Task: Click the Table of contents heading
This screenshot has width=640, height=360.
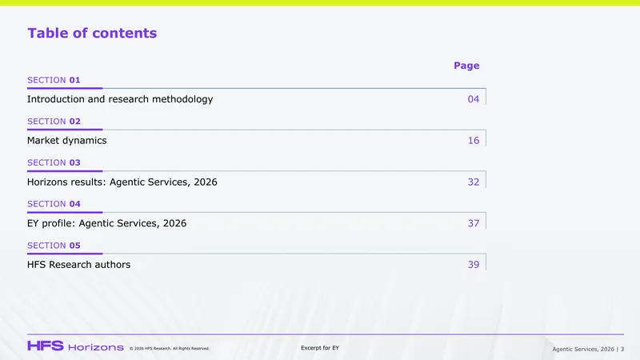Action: tap(92, 33)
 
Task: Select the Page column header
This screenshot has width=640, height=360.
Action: tap(466, 66)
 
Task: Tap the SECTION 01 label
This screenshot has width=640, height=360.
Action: tap(54, 80)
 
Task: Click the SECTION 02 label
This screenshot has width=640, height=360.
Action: tap(54, 122)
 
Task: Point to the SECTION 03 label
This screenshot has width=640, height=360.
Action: tap(54, 162)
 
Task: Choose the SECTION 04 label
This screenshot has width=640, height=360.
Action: tap(54, 204)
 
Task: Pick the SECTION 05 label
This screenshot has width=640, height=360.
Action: tap(54, 246)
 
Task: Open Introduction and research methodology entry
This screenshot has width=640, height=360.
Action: tap(120, 99)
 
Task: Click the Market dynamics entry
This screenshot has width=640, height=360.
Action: tap(67, 141)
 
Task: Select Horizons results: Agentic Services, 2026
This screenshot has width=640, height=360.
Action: tap(122, 182)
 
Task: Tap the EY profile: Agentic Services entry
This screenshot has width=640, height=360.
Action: tap(106, 223)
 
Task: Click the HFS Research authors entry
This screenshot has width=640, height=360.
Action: tap(78, 265)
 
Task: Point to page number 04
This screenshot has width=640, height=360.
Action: tap(474, 99)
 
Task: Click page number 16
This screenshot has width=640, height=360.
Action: tap(474, 141)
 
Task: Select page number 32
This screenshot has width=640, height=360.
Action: tap(474, 182)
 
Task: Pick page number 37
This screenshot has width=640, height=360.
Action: tap(474, 223)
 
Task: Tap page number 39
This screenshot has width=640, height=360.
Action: tap(474, 265)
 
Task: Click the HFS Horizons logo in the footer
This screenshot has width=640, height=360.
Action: tap(75, 346)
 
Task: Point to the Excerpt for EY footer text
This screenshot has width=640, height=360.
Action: tap(320, 348)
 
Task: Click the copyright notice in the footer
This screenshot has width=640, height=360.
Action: tap(170, 349)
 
